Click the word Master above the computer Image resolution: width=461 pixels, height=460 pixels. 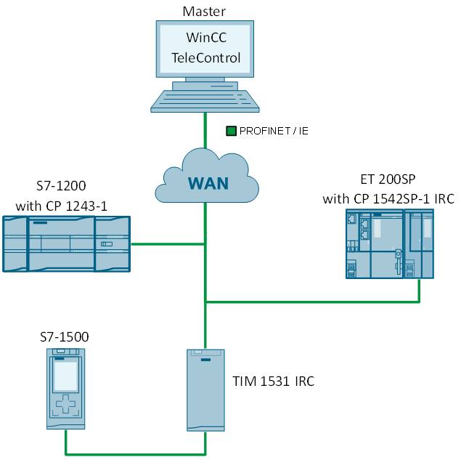[204, 10]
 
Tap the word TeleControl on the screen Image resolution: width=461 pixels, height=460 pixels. [205, 58]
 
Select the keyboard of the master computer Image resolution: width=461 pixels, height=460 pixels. [205, 100]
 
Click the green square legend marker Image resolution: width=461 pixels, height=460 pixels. [231, 131]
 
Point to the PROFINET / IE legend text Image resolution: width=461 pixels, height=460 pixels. [274, 131]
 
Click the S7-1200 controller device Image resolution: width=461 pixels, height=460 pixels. [65, 244]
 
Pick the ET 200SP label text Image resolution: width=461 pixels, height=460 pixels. [389, 179]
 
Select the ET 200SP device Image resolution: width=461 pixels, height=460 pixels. [389, 243]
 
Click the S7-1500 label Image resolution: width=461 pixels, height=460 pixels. [65, 337]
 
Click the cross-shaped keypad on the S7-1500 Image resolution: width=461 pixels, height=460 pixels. [66, 405]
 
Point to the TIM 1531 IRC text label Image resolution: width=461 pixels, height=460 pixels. [273, 381]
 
